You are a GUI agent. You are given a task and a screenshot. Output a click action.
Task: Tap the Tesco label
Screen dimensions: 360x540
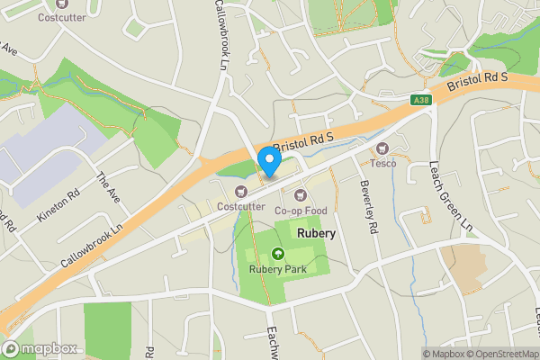click(x=383, y=164)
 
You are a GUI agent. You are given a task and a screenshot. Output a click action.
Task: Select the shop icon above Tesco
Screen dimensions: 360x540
click(x=382, y=148)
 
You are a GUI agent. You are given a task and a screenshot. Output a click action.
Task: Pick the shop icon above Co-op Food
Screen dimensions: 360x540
click(x=301, y=194)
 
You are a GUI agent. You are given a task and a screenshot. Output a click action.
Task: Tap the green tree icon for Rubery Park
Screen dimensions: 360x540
click(x=276, y=253)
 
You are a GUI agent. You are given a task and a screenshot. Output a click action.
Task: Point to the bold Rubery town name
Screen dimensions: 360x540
click(x=315, y=232)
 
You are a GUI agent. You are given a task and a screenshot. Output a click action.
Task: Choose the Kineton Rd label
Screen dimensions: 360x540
click(x=59, y=206)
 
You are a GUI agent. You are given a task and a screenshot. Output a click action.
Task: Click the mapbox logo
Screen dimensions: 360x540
click(x=40, y=348)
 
